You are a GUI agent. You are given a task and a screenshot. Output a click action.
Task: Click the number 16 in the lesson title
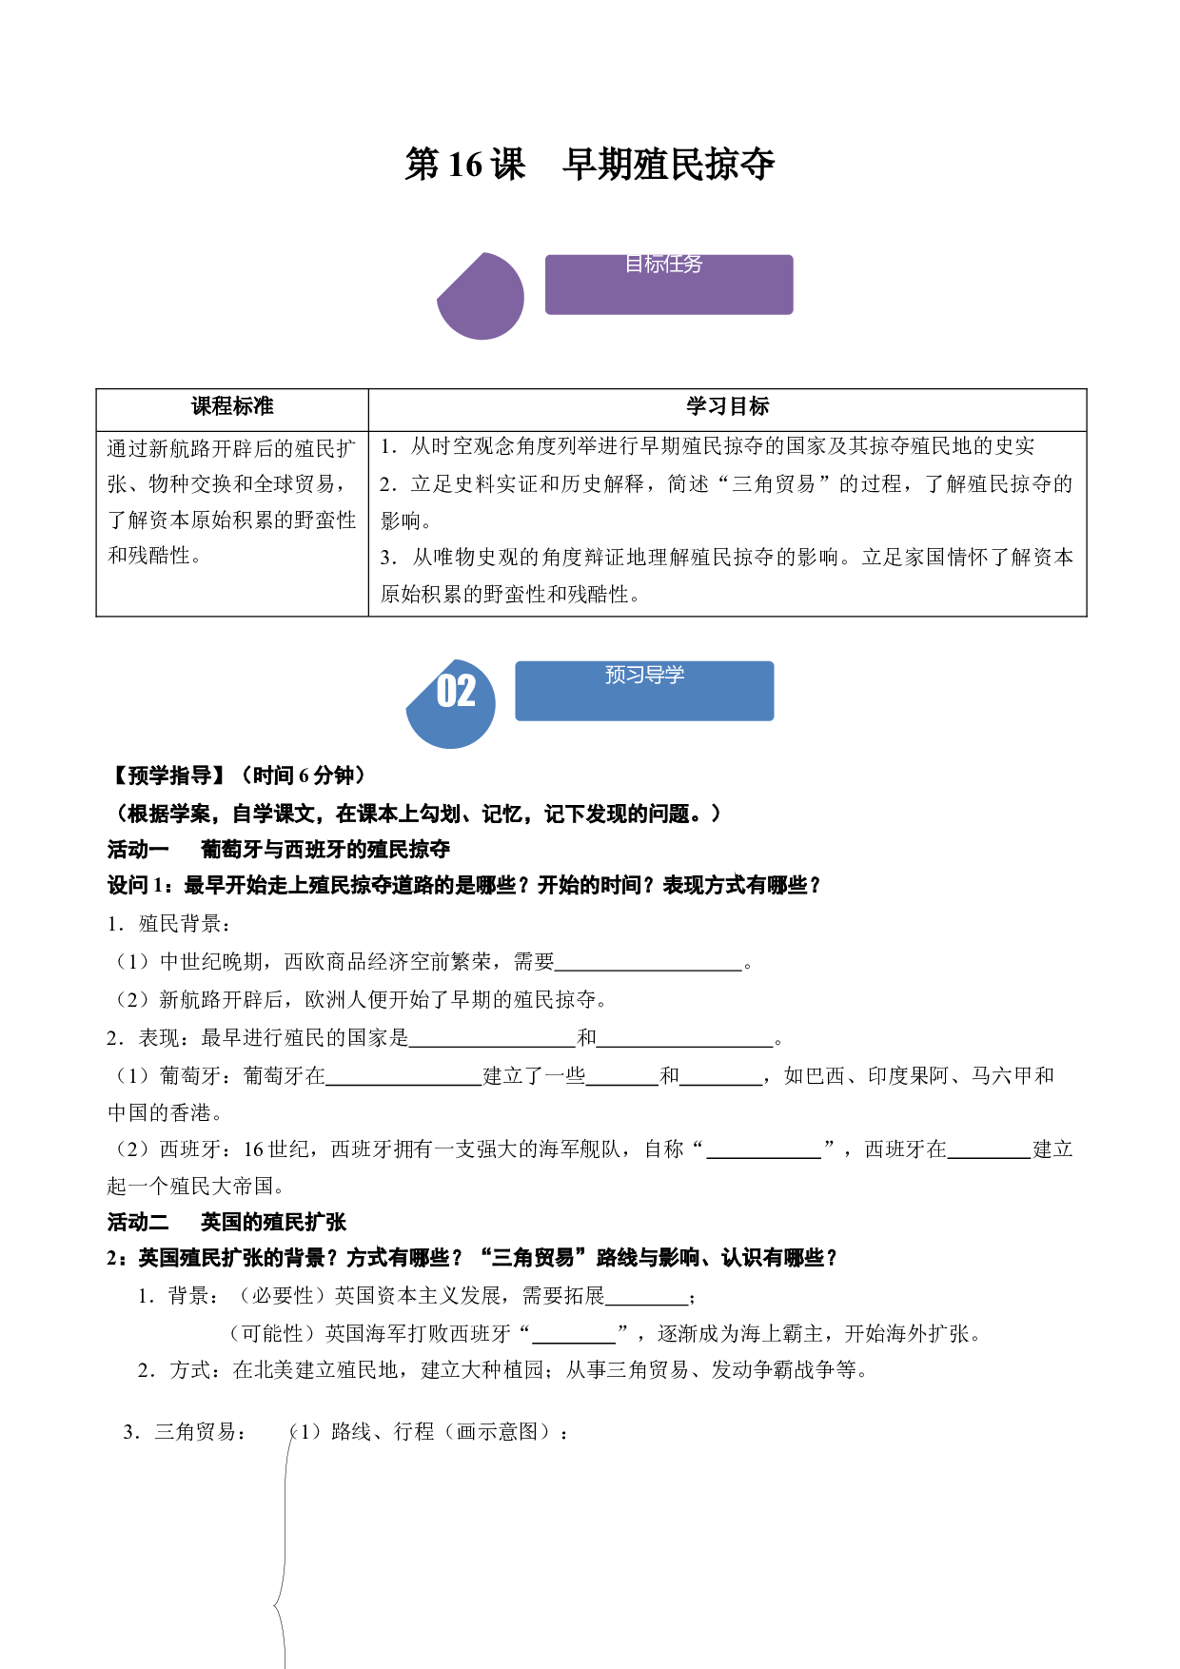tap(465, 165)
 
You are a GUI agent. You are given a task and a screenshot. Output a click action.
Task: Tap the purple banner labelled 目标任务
tap(669, 285)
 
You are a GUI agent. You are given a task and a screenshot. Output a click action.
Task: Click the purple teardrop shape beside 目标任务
tap(481, 296)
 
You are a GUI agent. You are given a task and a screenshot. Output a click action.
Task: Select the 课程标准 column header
tap(232, 406)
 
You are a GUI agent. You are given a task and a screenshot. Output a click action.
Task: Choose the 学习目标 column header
tap(728, 406)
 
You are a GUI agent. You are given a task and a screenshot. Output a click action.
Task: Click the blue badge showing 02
tap(451, 704)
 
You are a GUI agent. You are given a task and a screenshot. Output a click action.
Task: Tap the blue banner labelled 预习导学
tap(644, 691)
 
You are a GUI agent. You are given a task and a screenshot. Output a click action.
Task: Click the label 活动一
tap(138, 849)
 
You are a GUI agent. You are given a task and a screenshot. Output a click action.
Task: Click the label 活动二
tap(138, 1222)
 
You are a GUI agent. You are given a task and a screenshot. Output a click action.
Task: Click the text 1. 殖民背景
tap(168, 924)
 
